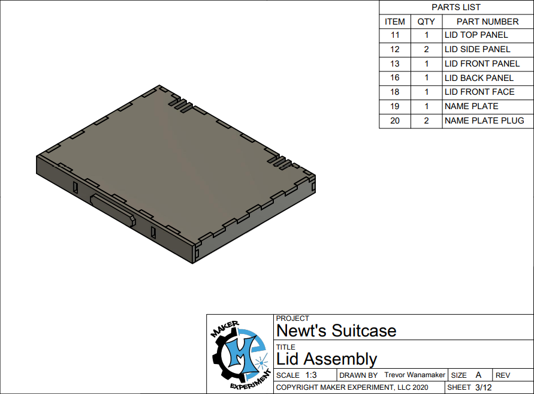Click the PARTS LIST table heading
tap(455, 7)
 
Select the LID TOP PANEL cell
tap(476, 35)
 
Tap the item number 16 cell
tap(394, 78)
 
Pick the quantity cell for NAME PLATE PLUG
tap(426, 121)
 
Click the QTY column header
tap(426, 22)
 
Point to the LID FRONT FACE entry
tap(479, 92)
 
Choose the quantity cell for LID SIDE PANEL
tap(426, 50)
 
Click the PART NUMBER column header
tap(487, 22)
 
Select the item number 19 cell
tap(394, 106)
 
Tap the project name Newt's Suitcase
tap(336, 331)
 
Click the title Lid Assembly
tap(327, 359)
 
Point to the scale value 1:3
tap(310, 375)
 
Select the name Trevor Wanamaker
tap(415, 375)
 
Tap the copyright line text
tap(352, 387)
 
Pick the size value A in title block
tap(478, 375)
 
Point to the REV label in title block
tap(503, 375)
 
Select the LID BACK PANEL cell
tap(479, 78)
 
